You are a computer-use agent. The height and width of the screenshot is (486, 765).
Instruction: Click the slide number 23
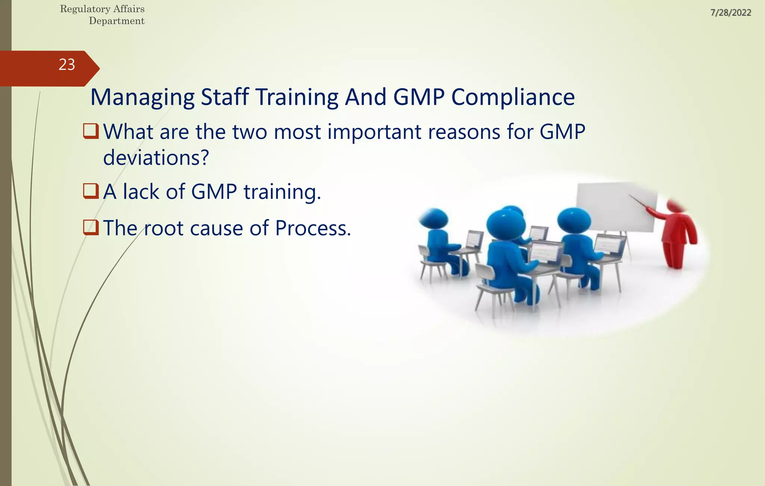[67, 65]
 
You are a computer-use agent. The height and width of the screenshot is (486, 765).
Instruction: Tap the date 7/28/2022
[731, 13]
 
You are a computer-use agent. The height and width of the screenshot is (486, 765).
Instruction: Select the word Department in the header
[117, 21]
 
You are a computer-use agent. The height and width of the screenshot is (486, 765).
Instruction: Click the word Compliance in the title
[513, 97]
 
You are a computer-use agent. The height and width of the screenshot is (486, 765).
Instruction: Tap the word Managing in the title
[142, 98]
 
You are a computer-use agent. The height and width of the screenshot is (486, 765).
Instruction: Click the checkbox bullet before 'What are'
[91, 131]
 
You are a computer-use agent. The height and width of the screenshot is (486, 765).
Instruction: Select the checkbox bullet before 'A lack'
[91, 191]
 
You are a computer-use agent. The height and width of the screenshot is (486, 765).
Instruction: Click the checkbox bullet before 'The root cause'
[91, 227]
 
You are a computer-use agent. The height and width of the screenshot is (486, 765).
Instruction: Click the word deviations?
[156, 158]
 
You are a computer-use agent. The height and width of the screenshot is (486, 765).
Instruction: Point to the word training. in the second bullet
[282, 192]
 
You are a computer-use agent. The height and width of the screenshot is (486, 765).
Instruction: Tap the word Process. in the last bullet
[313, 228]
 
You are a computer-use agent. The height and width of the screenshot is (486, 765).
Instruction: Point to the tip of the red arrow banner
[99, 68]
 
